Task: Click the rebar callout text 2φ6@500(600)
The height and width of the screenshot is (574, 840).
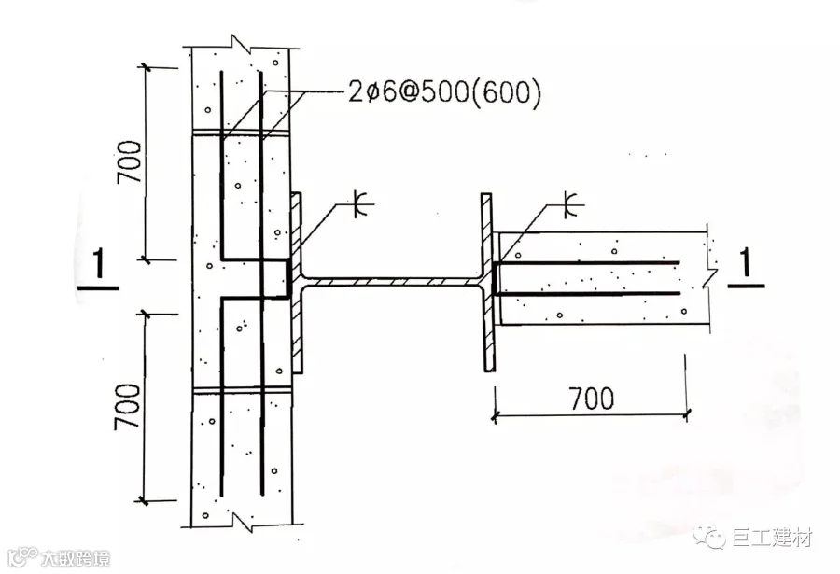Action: pos(444,92)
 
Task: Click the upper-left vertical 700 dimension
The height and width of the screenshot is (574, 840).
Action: pos(130,161)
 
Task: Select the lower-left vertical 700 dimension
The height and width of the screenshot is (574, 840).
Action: pos(128,407)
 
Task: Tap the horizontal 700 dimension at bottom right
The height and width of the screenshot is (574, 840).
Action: pos(592,399)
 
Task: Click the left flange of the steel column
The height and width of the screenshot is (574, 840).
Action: pos(296,283)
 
